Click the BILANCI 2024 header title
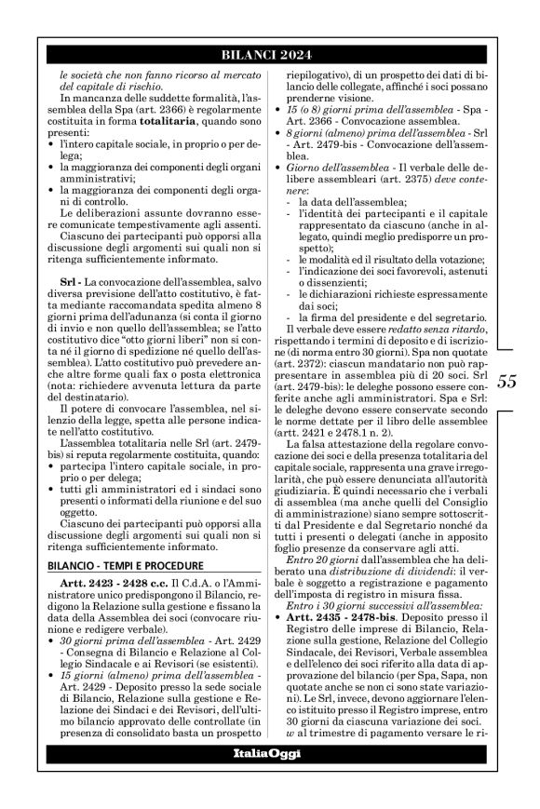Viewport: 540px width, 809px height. click(270, 55)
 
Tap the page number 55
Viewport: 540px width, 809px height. click(507, 380)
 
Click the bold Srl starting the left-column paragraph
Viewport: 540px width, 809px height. click(61, 279)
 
